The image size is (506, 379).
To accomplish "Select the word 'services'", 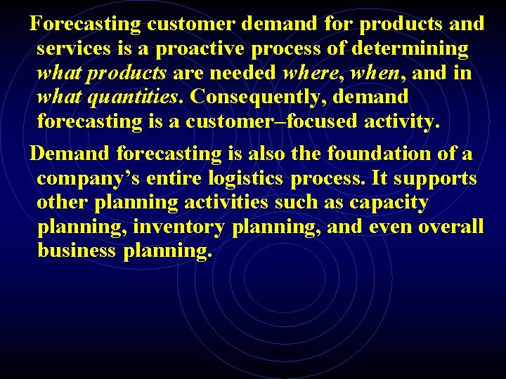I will tap(72, 49).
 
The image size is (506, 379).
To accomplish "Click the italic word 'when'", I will tap(378, 73).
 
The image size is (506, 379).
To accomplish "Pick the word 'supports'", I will tap(434, 178).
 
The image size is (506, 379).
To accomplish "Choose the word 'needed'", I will tap(243, 73).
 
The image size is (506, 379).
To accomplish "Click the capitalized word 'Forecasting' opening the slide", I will tap(86, 24).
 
